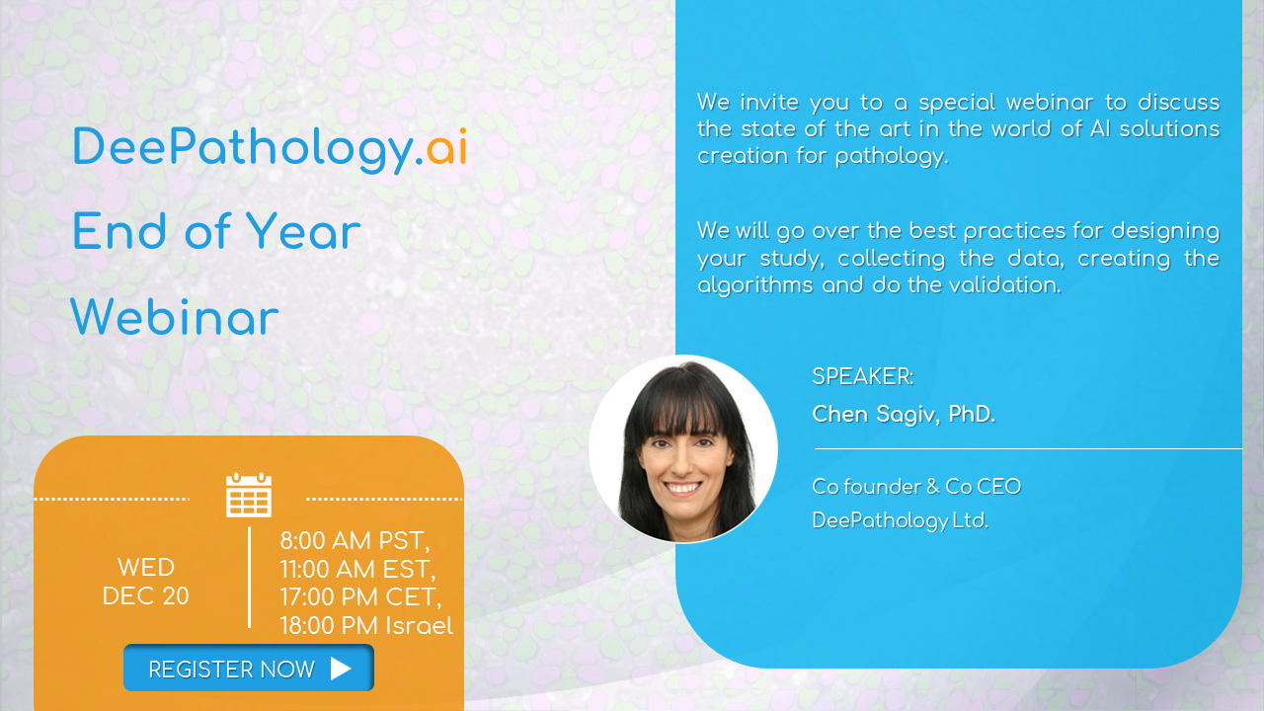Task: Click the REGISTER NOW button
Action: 248,669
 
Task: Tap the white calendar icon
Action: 249,495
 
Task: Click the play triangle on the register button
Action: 341,669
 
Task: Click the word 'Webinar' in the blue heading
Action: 175,318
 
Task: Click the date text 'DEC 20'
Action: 146,596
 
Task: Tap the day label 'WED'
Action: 146,568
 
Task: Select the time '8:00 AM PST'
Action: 355,541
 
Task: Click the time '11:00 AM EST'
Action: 357,570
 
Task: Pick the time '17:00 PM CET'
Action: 360,597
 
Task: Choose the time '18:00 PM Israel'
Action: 366,626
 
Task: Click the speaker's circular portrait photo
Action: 683,449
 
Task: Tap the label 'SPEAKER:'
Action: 862,376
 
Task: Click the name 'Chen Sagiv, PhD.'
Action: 904,414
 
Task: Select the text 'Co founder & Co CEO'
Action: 916,487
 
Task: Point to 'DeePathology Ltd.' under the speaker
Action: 900,520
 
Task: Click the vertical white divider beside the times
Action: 249,578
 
